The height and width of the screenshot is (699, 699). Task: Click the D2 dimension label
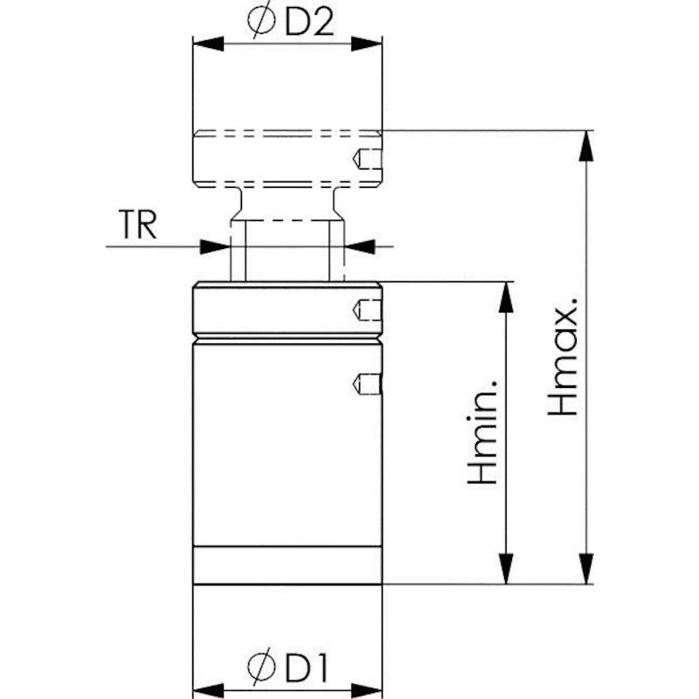click(309, 23)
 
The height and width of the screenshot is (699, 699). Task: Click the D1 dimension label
click(307, 668)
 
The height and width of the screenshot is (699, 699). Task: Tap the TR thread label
click(137, 225)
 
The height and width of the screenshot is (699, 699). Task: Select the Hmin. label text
click(481, 433)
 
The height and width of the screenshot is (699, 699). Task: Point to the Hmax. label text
click(563, 356)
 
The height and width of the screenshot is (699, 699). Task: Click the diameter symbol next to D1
click(261, 668)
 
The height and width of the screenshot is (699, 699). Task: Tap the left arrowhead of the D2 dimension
click(208, 44)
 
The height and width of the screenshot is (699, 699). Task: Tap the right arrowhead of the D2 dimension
click(366, 44)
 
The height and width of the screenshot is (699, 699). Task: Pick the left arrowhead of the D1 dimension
click(208, 690)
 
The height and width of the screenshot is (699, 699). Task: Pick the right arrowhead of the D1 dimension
click(366, 690)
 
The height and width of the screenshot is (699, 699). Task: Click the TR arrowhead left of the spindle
click(215, 246)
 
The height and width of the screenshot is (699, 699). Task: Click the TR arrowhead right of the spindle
click(360, 246)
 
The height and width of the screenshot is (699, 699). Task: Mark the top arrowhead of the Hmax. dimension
click(585, 146)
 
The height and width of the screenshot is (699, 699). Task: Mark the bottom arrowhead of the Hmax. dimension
click(585, 569)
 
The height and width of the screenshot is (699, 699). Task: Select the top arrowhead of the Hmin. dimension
click(506, 297)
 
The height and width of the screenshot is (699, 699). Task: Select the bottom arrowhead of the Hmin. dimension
click(506, 569)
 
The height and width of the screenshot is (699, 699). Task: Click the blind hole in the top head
click(367, 158)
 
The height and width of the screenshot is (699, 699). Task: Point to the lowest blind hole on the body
click(367, 384)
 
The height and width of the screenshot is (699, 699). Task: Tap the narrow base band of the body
click(287, 564)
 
